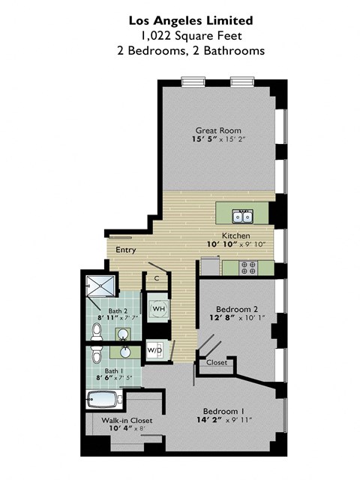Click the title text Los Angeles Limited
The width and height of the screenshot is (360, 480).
pos(190,19)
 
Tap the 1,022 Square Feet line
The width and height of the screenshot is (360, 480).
pos(190,34)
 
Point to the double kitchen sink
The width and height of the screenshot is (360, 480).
pos(242,217)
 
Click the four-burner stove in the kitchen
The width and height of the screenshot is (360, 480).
pos(248,266)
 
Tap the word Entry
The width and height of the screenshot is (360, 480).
pos(125,251)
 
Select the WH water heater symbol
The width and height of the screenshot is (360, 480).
pos(159,308)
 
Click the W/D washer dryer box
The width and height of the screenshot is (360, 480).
pos(154,349)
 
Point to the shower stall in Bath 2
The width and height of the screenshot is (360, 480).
pos(100,286)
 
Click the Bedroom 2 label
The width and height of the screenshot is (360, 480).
pos(236,309)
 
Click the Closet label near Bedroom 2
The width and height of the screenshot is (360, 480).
pos(216,362)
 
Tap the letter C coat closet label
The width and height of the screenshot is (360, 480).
pos(156,278)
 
